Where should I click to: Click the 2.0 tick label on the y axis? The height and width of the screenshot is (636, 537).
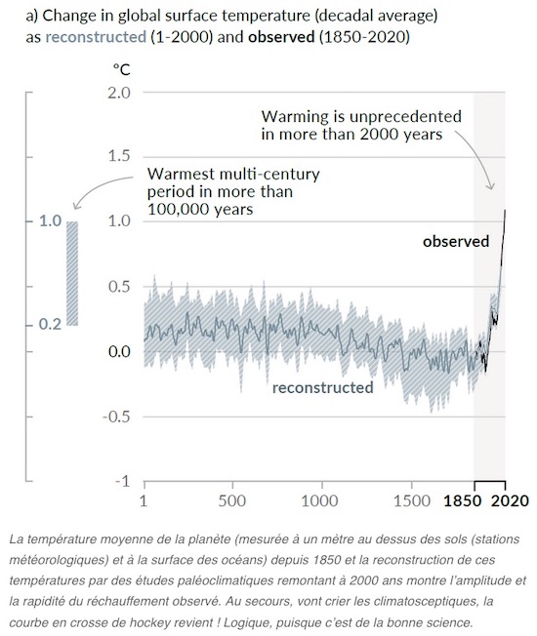pos(119,93)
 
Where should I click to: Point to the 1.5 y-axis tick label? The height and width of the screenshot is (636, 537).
pos(119,156)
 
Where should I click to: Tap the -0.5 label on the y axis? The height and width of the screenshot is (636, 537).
pos(116,417)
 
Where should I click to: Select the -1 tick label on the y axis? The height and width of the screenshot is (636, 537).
pos(122,481)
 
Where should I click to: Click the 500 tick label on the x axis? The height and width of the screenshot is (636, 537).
pos(231,501)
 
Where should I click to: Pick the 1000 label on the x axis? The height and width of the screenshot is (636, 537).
pos(320,501)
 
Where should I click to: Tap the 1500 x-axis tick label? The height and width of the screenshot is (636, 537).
pos(412,501)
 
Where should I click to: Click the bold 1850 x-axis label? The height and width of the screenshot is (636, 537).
pos(463,501)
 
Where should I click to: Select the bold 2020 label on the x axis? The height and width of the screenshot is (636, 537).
pos(510,501)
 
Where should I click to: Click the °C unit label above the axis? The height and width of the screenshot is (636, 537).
pos(122,70)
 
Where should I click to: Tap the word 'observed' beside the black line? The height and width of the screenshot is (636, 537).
pos(456,241)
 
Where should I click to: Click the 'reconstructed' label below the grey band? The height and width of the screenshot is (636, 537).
pos(322,387)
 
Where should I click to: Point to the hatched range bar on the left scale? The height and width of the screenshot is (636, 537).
pos(72,273)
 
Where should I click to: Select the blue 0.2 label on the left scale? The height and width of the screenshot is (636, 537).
pos(50,325)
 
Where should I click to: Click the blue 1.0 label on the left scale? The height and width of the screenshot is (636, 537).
pos(50,221)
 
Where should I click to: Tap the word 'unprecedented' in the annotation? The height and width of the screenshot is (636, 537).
pos(405,117)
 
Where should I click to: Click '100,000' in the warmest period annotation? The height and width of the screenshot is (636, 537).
pos(174,210)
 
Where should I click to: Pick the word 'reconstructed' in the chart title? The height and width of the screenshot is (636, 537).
pos(96,37)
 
